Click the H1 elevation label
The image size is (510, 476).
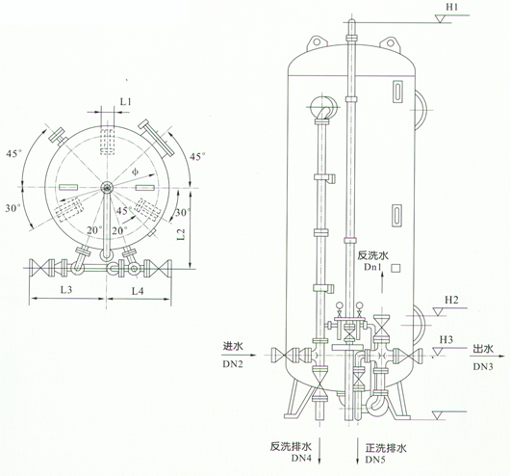[x=451, y=7]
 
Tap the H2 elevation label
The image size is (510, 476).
[x=451, y=300]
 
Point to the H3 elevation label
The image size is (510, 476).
[x=446, y=340]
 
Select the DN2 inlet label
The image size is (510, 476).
[x=233, y=364]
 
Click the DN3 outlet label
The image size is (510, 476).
[x=483, y=366]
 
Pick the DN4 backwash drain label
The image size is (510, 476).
[x=301, y=458]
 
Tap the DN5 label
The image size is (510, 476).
[x=375, y=460]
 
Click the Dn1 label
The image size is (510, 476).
[x=372, y=267]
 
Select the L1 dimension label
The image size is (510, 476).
[x=125, y=101]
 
